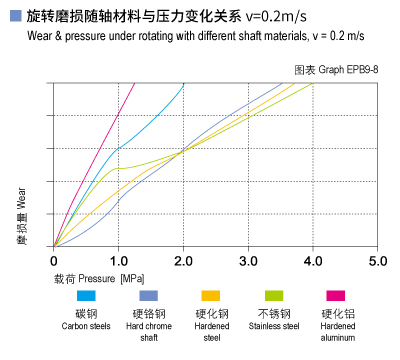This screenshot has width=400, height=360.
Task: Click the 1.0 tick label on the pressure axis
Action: click(x=118, y=261)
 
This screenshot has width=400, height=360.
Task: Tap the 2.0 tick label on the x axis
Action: click(x=183, y=261)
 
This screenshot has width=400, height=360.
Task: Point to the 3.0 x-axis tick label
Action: click(x=248, y=261)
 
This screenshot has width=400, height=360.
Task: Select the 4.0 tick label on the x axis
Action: click(x=313, y=261)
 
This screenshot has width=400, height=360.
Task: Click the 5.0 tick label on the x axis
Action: click(x=377, y=261)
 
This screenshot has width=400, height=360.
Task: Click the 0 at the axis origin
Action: click(x=55, y=261)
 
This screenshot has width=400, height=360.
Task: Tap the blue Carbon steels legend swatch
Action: click(x=86, y=296)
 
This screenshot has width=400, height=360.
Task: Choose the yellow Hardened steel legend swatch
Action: click(x=210, y=296)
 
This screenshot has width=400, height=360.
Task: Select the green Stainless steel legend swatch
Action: click(x=272, y=296)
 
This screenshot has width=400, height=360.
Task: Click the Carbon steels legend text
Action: click(x=86, y=325)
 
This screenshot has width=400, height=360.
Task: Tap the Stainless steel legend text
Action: click(x=273, y=325)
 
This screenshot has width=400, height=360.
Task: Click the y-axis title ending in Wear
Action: click(x=20, y=212)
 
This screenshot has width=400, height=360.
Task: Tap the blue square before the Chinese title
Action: click(x=14, y=16)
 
